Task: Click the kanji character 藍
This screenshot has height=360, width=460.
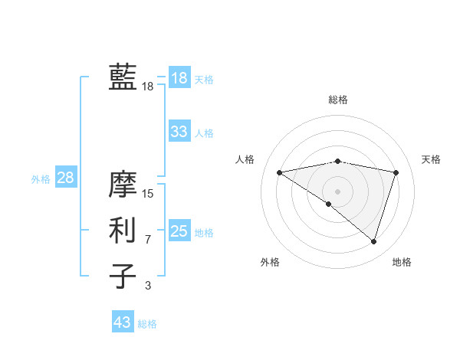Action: (123, 77)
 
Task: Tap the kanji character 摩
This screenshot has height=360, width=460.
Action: (123, 185)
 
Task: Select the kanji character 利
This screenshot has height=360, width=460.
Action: (123, 231)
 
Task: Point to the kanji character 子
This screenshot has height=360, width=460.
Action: (123, 276)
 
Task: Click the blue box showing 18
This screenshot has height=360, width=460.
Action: (179, 77)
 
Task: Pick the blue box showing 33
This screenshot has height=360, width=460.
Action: (179, 132)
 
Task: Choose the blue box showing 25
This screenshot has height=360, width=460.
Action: (179, 231)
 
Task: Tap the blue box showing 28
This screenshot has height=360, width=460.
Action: (65, 178)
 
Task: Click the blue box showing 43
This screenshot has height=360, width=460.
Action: (122, 322)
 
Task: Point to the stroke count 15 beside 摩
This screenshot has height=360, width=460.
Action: (148, 194)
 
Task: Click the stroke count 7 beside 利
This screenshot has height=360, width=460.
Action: (148, 240)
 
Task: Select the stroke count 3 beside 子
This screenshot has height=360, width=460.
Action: (148, 286)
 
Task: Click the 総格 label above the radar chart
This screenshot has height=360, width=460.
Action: (337, 100)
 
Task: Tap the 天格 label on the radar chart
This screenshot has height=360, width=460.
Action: (432, 159)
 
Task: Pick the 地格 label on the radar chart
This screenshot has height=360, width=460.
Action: (402, 262)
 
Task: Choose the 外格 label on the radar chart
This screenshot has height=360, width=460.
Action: (270, 262)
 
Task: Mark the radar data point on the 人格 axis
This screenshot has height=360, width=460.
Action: (279, 172)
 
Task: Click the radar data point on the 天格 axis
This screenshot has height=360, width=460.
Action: (396, 172)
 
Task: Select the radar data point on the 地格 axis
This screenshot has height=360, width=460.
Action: (374, 241)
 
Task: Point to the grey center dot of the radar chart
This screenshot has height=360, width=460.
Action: (337, 191)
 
